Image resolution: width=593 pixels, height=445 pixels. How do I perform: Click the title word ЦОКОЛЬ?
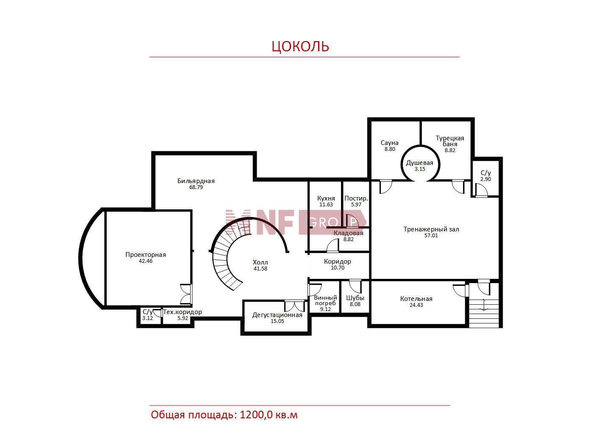(300, 47)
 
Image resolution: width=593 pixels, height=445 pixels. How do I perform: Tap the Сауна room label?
(390, 143)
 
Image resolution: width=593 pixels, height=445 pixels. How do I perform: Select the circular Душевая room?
(420, 164)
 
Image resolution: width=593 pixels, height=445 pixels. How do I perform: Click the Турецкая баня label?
(450, 141)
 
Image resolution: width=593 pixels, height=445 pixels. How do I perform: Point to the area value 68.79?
(196, 187)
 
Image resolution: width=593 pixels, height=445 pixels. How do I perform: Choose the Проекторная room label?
(146, 255)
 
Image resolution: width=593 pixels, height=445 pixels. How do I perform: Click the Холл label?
(260, 262)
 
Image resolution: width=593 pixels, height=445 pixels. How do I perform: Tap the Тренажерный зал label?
(431, 229)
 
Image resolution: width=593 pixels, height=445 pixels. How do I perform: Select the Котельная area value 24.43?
(416, 305)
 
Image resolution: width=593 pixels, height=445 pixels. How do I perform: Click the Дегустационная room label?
(277, 315)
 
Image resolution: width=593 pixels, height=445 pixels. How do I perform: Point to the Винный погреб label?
(326, 300)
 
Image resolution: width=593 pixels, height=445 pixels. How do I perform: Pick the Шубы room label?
(355, 298)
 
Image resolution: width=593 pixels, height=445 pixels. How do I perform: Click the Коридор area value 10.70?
(338, 268)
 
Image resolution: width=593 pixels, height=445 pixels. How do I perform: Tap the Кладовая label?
(349, 233)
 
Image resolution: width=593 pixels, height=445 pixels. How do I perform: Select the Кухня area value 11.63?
(326, 205)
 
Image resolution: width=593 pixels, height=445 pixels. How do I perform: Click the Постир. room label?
(356, 198)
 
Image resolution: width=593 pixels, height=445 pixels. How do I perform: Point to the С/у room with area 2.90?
(485, 178)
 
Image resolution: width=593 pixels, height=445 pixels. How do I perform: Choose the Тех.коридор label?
(183, 312)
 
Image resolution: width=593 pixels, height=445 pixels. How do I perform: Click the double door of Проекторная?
(186, 294)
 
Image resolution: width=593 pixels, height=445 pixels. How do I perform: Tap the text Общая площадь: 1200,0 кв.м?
(224, 415)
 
